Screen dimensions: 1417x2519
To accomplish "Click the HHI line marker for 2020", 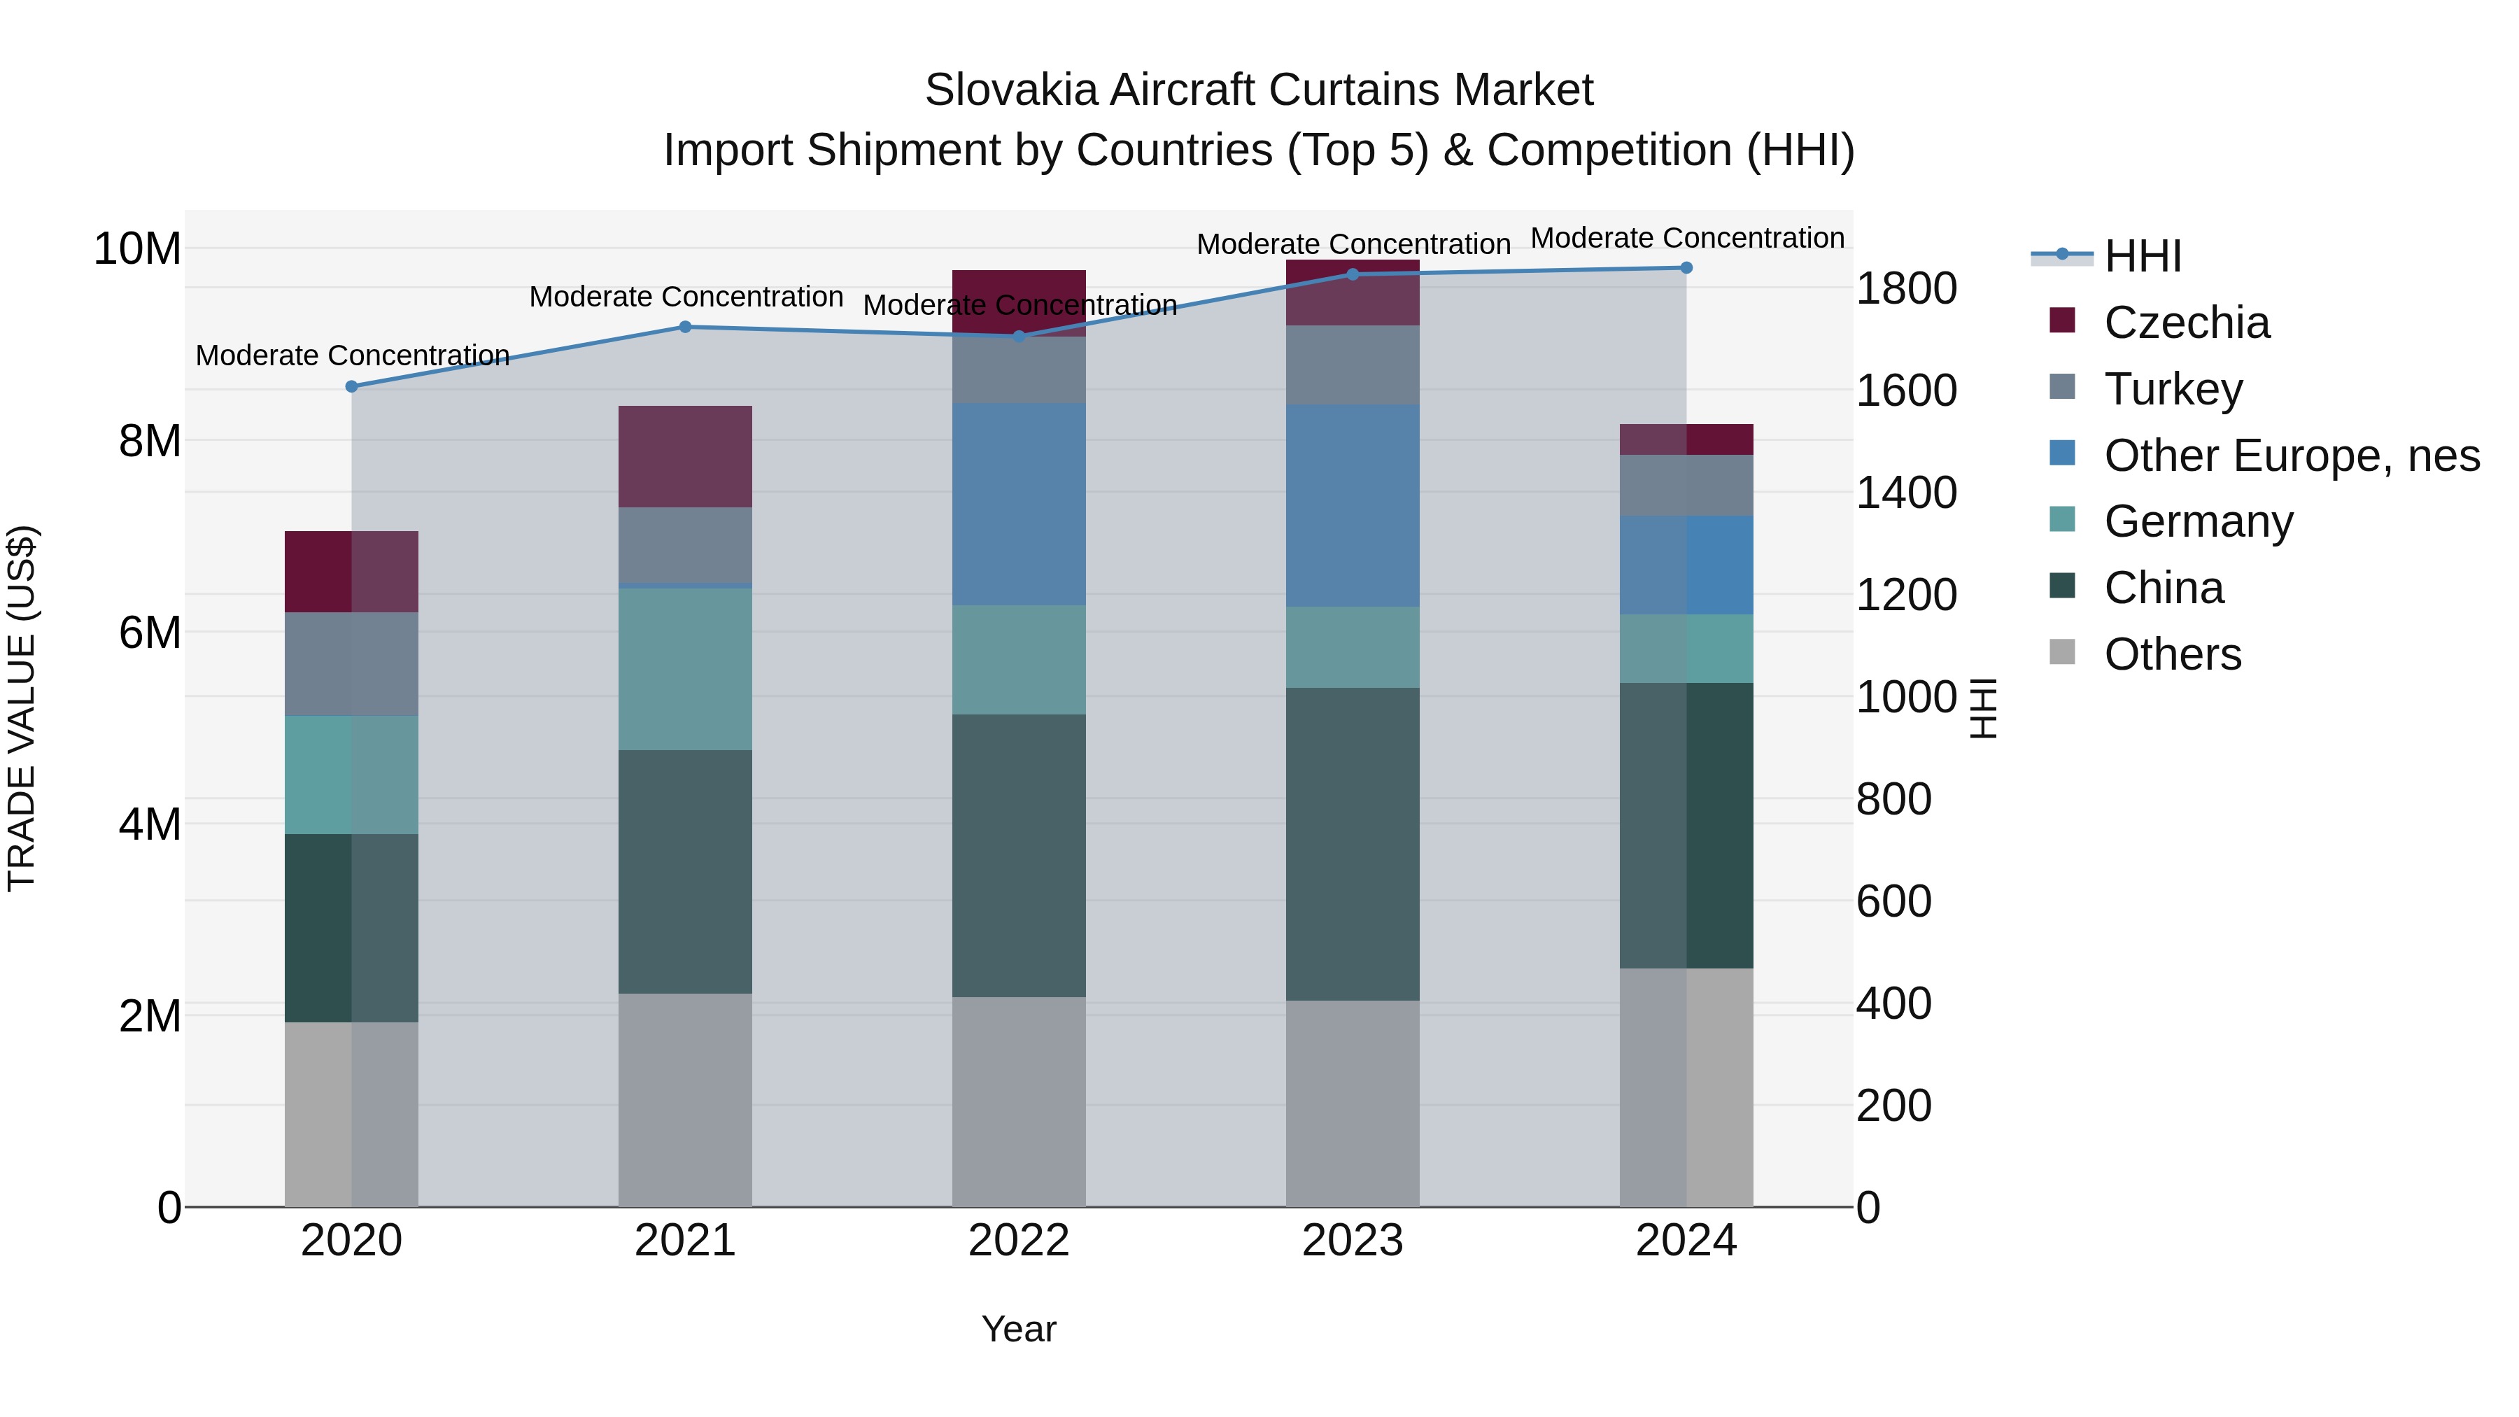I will (352, 386).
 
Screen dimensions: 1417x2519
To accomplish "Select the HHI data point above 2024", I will (1686, 268).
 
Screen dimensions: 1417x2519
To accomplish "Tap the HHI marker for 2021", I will (686, 327).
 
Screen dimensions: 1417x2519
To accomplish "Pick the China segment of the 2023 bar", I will (1353, 843).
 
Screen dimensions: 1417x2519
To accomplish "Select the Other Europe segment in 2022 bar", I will (1019, 504).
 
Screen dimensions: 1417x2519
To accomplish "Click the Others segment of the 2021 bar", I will (686, 1099).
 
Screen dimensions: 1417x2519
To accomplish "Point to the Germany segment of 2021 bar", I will (686, 669).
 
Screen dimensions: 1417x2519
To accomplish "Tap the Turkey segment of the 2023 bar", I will (1353, 364).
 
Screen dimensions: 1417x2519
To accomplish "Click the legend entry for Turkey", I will (2173, 389).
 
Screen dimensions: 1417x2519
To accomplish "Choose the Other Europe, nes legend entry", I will (2291, 456).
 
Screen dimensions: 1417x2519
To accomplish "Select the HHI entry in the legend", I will (2143, 256).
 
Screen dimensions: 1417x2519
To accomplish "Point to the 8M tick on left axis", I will (148, 441).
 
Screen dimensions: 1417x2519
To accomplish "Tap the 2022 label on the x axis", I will (1019, 1241).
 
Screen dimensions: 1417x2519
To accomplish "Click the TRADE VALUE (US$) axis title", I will (22, 708).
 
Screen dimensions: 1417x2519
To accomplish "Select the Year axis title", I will (1019, 1329).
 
